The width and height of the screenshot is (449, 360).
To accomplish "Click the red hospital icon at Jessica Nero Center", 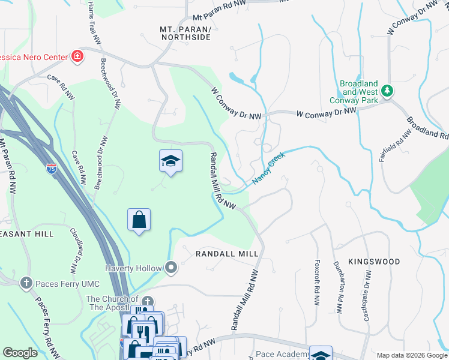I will (77, 58).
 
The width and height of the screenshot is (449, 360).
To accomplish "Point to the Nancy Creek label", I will (268, 168).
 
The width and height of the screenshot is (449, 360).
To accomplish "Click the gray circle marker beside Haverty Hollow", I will (172, 268).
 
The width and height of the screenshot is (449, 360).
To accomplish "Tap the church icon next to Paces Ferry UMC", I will (25, 282).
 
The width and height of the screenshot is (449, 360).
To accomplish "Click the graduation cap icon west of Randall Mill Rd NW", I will (170, 161).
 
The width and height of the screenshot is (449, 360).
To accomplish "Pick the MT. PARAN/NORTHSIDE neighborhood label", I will (185, 33).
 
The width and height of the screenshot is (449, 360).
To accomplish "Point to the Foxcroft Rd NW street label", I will (316, 281).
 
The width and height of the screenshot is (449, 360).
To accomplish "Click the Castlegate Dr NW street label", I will (367, 295).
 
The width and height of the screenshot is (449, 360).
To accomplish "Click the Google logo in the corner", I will (20, 353).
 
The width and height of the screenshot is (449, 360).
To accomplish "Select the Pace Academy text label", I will (282, 355).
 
